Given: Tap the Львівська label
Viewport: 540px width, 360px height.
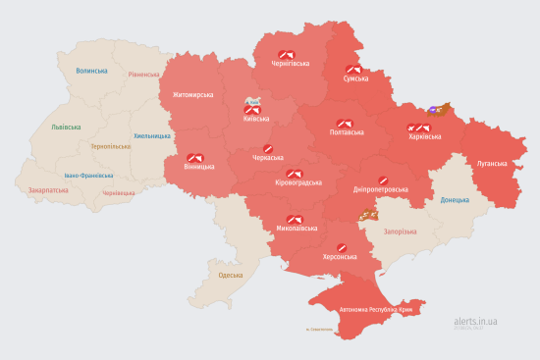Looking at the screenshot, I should tap(53, 128).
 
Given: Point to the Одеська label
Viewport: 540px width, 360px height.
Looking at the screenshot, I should tap(231, 276).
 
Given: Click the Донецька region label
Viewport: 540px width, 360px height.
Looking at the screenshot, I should tap(455, 200).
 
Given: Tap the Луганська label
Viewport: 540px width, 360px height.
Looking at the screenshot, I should tap(492, 164).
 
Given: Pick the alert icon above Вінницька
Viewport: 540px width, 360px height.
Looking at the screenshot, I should tap(193, 157).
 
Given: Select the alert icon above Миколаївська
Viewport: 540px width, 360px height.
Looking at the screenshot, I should tap(294, 219).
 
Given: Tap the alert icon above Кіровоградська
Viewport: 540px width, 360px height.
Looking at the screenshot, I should tap(293, 173).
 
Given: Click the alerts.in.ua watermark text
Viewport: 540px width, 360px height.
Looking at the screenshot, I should tap(476, 321).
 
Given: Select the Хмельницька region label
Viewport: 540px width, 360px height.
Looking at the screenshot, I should tap(151, 135).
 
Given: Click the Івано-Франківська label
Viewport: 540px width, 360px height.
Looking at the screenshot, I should tap(88, 176).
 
